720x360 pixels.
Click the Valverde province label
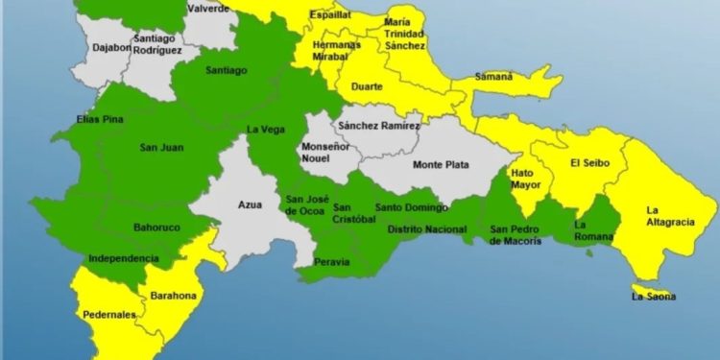pos(208,9)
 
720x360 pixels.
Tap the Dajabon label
pos(112,46)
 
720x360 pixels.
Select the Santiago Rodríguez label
pos(155,44)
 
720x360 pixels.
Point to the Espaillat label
pos(329,16)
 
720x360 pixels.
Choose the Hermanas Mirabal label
pos(336,51)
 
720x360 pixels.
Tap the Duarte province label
pos(368,86)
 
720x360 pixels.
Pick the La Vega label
pos(263,130)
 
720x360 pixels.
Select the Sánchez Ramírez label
pos(379,126)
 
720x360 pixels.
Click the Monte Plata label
pos(441,164)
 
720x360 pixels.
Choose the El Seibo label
pos(589,163)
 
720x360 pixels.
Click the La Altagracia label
pos(665,217)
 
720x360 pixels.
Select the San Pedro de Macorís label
pos(516,235)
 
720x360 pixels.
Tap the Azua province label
pos(250,204)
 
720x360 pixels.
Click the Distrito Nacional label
pos(418,229)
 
